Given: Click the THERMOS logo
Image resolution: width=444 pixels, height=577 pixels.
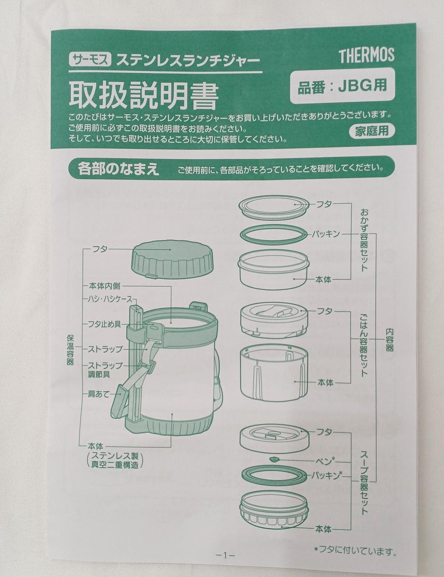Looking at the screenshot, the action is [x=366, y=55].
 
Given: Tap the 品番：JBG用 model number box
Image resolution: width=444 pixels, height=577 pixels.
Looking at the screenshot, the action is [x=343, y=86].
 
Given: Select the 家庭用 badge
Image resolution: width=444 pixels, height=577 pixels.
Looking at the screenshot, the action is [x=372, y=131].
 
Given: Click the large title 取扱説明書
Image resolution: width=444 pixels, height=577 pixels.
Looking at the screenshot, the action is [x=144, y=95].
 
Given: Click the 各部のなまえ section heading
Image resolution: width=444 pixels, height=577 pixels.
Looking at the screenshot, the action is [x=119, y=169].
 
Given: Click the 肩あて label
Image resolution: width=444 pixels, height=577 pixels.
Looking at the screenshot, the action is [x=99, y=394].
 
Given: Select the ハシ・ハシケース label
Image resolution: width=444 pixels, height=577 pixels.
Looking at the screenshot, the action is [x=110, y=299].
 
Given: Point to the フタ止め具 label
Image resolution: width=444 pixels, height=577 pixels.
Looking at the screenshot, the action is [x=105, y=324].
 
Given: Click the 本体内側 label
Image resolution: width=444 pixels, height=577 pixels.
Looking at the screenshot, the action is [x=104, y=286].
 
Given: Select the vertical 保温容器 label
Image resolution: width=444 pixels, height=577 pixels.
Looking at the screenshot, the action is [x=70, y=350].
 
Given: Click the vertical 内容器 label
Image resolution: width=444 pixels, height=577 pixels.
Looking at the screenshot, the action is [x=389, y=340].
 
